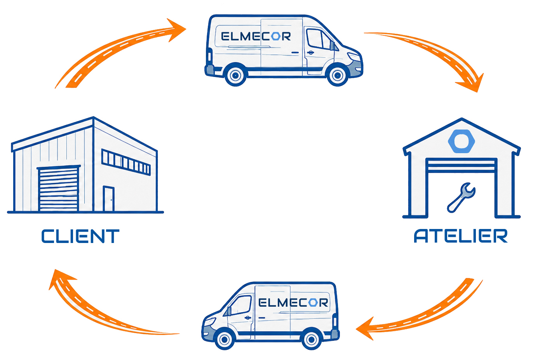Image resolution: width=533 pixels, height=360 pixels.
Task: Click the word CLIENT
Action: pos(80,236)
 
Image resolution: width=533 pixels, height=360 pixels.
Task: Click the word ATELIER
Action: pos(461,236)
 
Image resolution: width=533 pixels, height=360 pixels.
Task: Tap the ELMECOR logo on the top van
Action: pos(256,37)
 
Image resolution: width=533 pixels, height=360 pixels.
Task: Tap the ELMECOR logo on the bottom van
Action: pos(293,302)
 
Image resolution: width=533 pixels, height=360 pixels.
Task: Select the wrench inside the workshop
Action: pos(461,197)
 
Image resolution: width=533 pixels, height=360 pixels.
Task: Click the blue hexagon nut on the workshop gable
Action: pos(462,141)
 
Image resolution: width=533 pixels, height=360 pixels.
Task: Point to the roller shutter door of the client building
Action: pos(58,189)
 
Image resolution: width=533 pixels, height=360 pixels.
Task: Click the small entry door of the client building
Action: pos(108,199)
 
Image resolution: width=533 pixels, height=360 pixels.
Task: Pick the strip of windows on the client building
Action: pos(126,162)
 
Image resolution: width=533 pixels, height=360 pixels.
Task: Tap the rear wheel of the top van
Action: pos(235,76)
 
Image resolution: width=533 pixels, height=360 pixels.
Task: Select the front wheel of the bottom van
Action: pos(224,340)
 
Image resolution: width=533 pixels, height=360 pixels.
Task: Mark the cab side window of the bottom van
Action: pos(241,305)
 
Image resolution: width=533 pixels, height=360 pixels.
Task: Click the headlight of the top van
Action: pos(354,57)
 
